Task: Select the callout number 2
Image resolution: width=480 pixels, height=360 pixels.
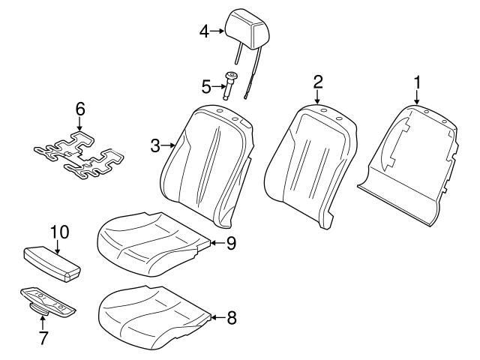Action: point(317,80)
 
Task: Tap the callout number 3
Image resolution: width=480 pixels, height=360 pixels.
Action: point(155,145)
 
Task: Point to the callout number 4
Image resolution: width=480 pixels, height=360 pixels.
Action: point(204,31)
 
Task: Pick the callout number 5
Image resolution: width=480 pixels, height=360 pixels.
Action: point(205,87)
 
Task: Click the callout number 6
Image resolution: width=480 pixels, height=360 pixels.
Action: point(80,109)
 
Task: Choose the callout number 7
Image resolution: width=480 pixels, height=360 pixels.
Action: point(43,338)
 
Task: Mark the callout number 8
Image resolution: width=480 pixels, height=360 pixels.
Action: point(231,317)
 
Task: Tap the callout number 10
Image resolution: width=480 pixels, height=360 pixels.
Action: point(58,232)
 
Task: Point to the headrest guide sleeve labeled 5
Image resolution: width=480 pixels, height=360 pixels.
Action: point(231,84)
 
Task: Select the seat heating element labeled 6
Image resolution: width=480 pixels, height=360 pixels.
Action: point(79,154)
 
